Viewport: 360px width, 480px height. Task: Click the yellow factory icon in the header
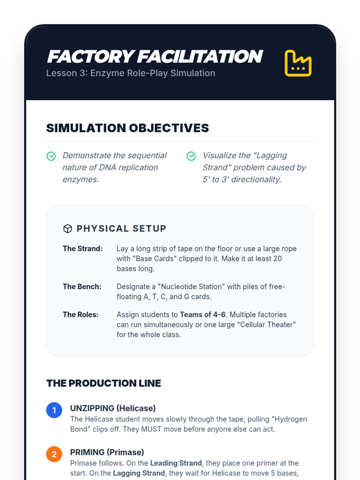pos(298,63)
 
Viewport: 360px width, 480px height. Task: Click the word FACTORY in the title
pos(91,56)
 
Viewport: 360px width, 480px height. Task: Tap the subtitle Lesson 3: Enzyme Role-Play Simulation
pos(131,73)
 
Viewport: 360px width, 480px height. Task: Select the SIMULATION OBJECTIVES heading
pos(127,128)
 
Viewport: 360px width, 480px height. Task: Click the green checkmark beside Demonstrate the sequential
pos(51,156)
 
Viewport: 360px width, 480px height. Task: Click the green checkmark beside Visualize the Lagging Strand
pos(191,156)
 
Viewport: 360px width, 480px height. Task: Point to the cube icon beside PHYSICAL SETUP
pos(67,229)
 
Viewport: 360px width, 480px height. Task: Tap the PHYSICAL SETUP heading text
pos(121,229)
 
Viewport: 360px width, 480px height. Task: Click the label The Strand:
pos(82,249)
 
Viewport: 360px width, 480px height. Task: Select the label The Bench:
pos(82,287)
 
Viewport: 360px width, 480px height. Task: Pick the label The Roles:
pos(80,315)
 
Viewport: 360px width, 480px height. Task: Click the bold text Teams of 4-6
pos(202,315)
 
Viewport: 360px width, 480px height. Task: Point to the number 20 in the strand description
pos(277,259)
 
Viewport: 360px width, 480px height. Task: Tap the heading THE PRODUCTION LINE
pos(103,383)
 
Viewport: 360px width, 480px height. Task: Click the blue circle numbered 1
pos(54,410)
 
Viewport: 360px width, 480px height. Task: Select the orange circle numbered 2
pos(54,454)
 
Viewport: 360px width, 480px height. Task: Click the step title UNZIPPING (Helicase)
pos(113,408)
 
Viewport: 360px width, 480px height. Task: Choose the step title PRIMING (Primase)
pos(107,452)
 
